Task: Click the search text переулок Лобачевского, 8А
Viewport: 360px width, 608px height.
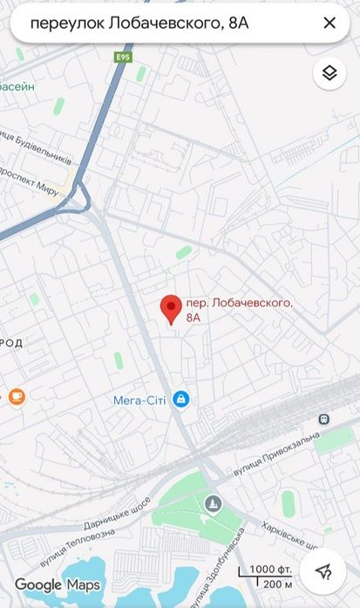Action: pos(139,24)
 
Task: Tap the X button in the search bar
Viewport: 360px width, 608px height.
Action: pos(329,24)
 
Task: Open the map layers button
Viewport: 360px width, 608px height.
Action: pos(329,73)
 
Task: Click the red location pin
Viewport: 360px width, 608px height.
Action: pos(171,309)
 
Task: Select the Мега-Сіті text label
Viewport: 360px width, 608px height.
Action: pos(139,401)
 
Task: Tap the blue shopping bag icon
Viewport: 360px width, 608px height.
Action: pos(180,399)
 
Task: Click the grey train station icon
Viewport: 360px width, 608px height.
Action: pos(324,418)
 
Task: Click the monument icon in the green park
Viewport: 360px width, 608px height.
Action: pos(214,503)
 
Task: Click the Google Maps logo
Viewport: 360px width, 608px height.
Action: pos(58,584)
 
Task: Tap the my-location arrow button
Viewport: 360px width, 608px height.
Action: pos(323,571)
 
